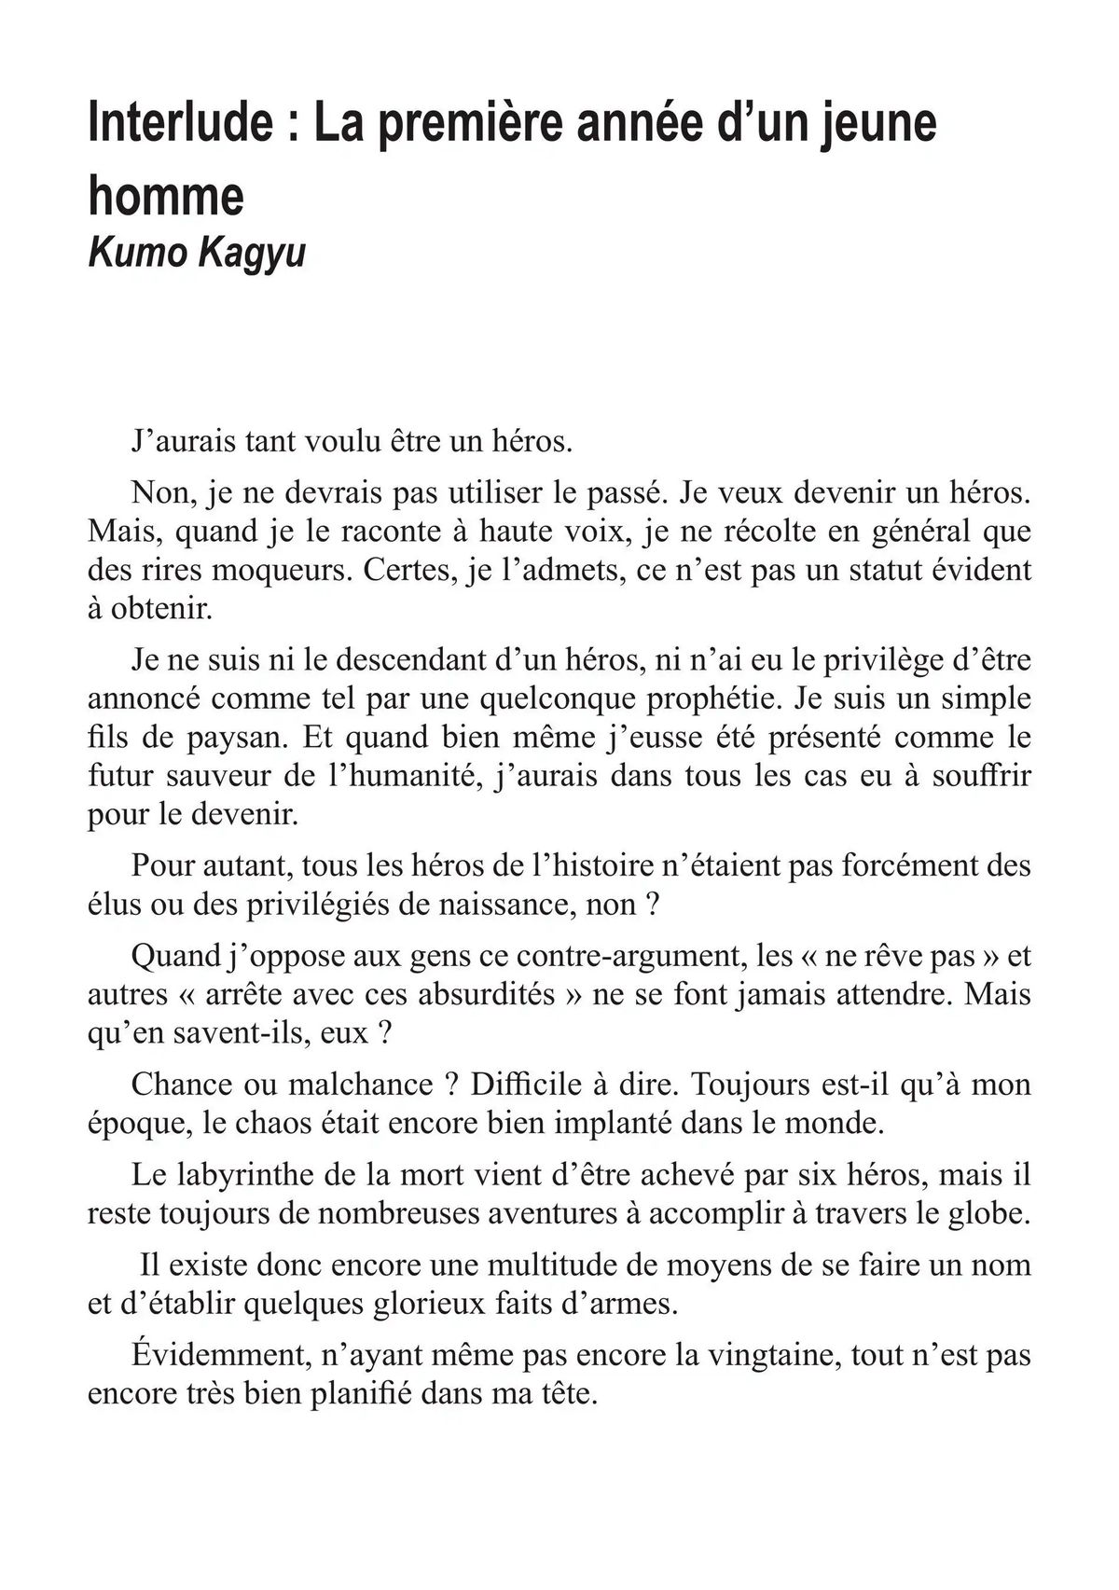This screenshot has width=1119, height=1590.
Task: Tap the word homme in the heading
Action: click(165, 196)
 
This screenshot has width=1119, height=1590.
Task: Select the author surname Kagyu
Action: click(252, 254)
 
